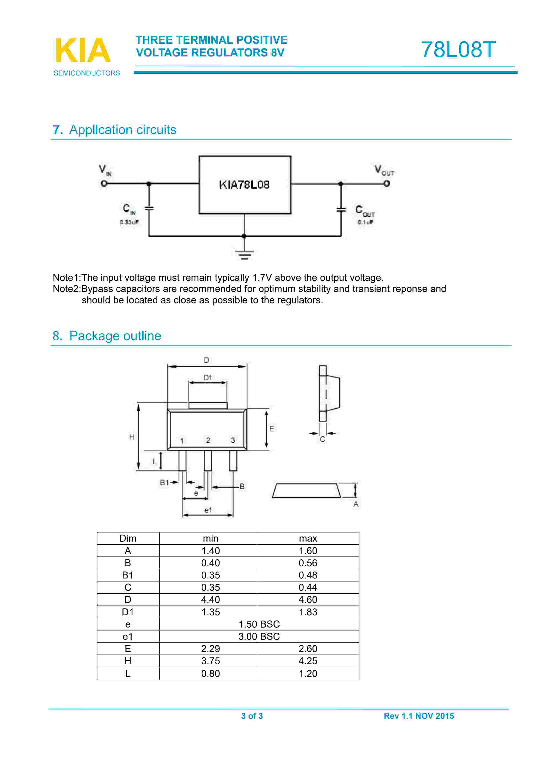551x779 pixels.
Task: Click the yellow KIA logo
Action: (82, 50)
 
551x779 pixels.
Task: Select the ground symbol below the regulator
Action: (244, 254)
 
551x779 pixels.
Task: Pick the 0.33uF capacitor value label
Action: (129, 222)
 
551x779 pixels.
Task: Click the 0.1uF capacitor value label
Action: (365, 222)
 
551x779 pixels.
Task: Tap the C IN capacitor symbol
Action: (149, 208)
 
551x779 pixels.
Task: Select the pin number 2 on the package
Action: (208, 440)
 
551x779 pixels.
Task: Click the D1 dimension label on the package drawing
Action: (207, 378)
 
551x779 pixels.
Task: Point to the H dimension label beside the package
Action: (132, 437)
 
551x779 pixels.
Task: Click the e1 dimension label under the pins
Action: (208, 510)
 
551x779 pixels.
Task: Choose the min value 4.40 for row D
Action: (210, 600)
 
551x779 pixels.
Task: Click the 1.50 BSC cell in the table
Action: (259, 624)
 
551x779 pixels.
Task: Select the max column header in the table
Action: (308, 539)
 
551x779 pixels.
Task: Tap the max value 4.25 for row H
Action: (308, 661)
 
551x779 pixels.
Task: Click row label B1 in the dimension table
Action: (128, 575)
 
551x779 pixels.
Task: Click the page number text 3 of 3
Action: (252, 716)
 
